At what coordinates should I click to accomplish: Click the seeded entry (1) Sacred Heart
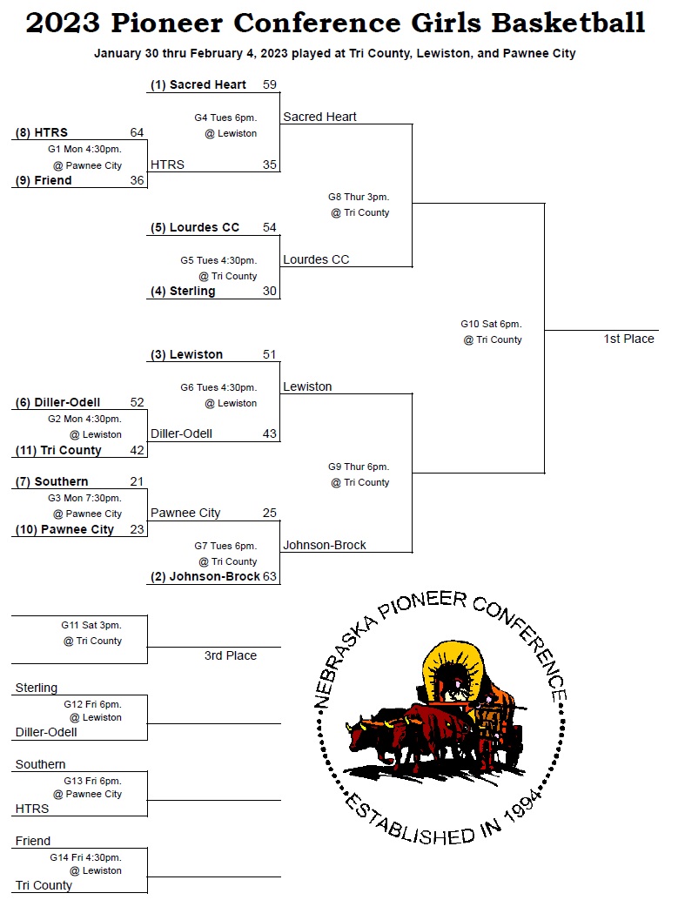pos(198,84)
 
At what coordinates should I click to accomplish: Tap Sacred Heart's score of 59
pos(269,84)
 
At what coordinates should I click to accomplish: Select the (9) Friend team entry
pos(44,180)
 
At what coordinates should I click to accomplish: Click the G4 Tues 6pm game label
pos(225,118)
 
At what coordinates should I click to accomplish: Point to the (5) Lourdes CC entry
pos(195,227)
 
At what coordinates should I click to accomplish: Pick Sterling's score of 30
pos(269,291)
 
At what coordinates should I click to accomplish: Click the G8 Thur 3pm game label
pos(359,197)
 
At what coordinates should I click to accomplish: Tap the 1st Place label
pos(628,339)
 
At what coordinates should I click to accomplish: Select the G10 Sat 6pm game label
pos(491,324)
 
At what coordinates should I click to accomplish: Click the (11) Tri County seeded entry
pos(58,450)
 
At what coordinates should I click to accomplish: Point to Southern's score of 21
pos(137,481)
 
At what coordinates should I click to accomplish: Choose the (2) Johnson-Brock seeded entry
pos(205,576)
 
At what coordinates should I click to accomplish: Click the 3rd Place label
pos(231,655)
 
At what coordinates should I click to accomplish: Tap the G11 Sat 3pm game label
pos(91,625)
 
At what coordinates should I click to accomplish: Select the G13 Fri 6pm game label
pos(92,781)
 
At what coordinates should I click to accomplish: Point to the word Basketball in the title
pos(568,23)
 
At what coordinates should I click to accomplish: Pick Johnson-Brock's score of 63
pos(270,576)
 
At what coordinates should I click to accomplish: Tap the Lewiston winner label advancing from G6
pos(307,386)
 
